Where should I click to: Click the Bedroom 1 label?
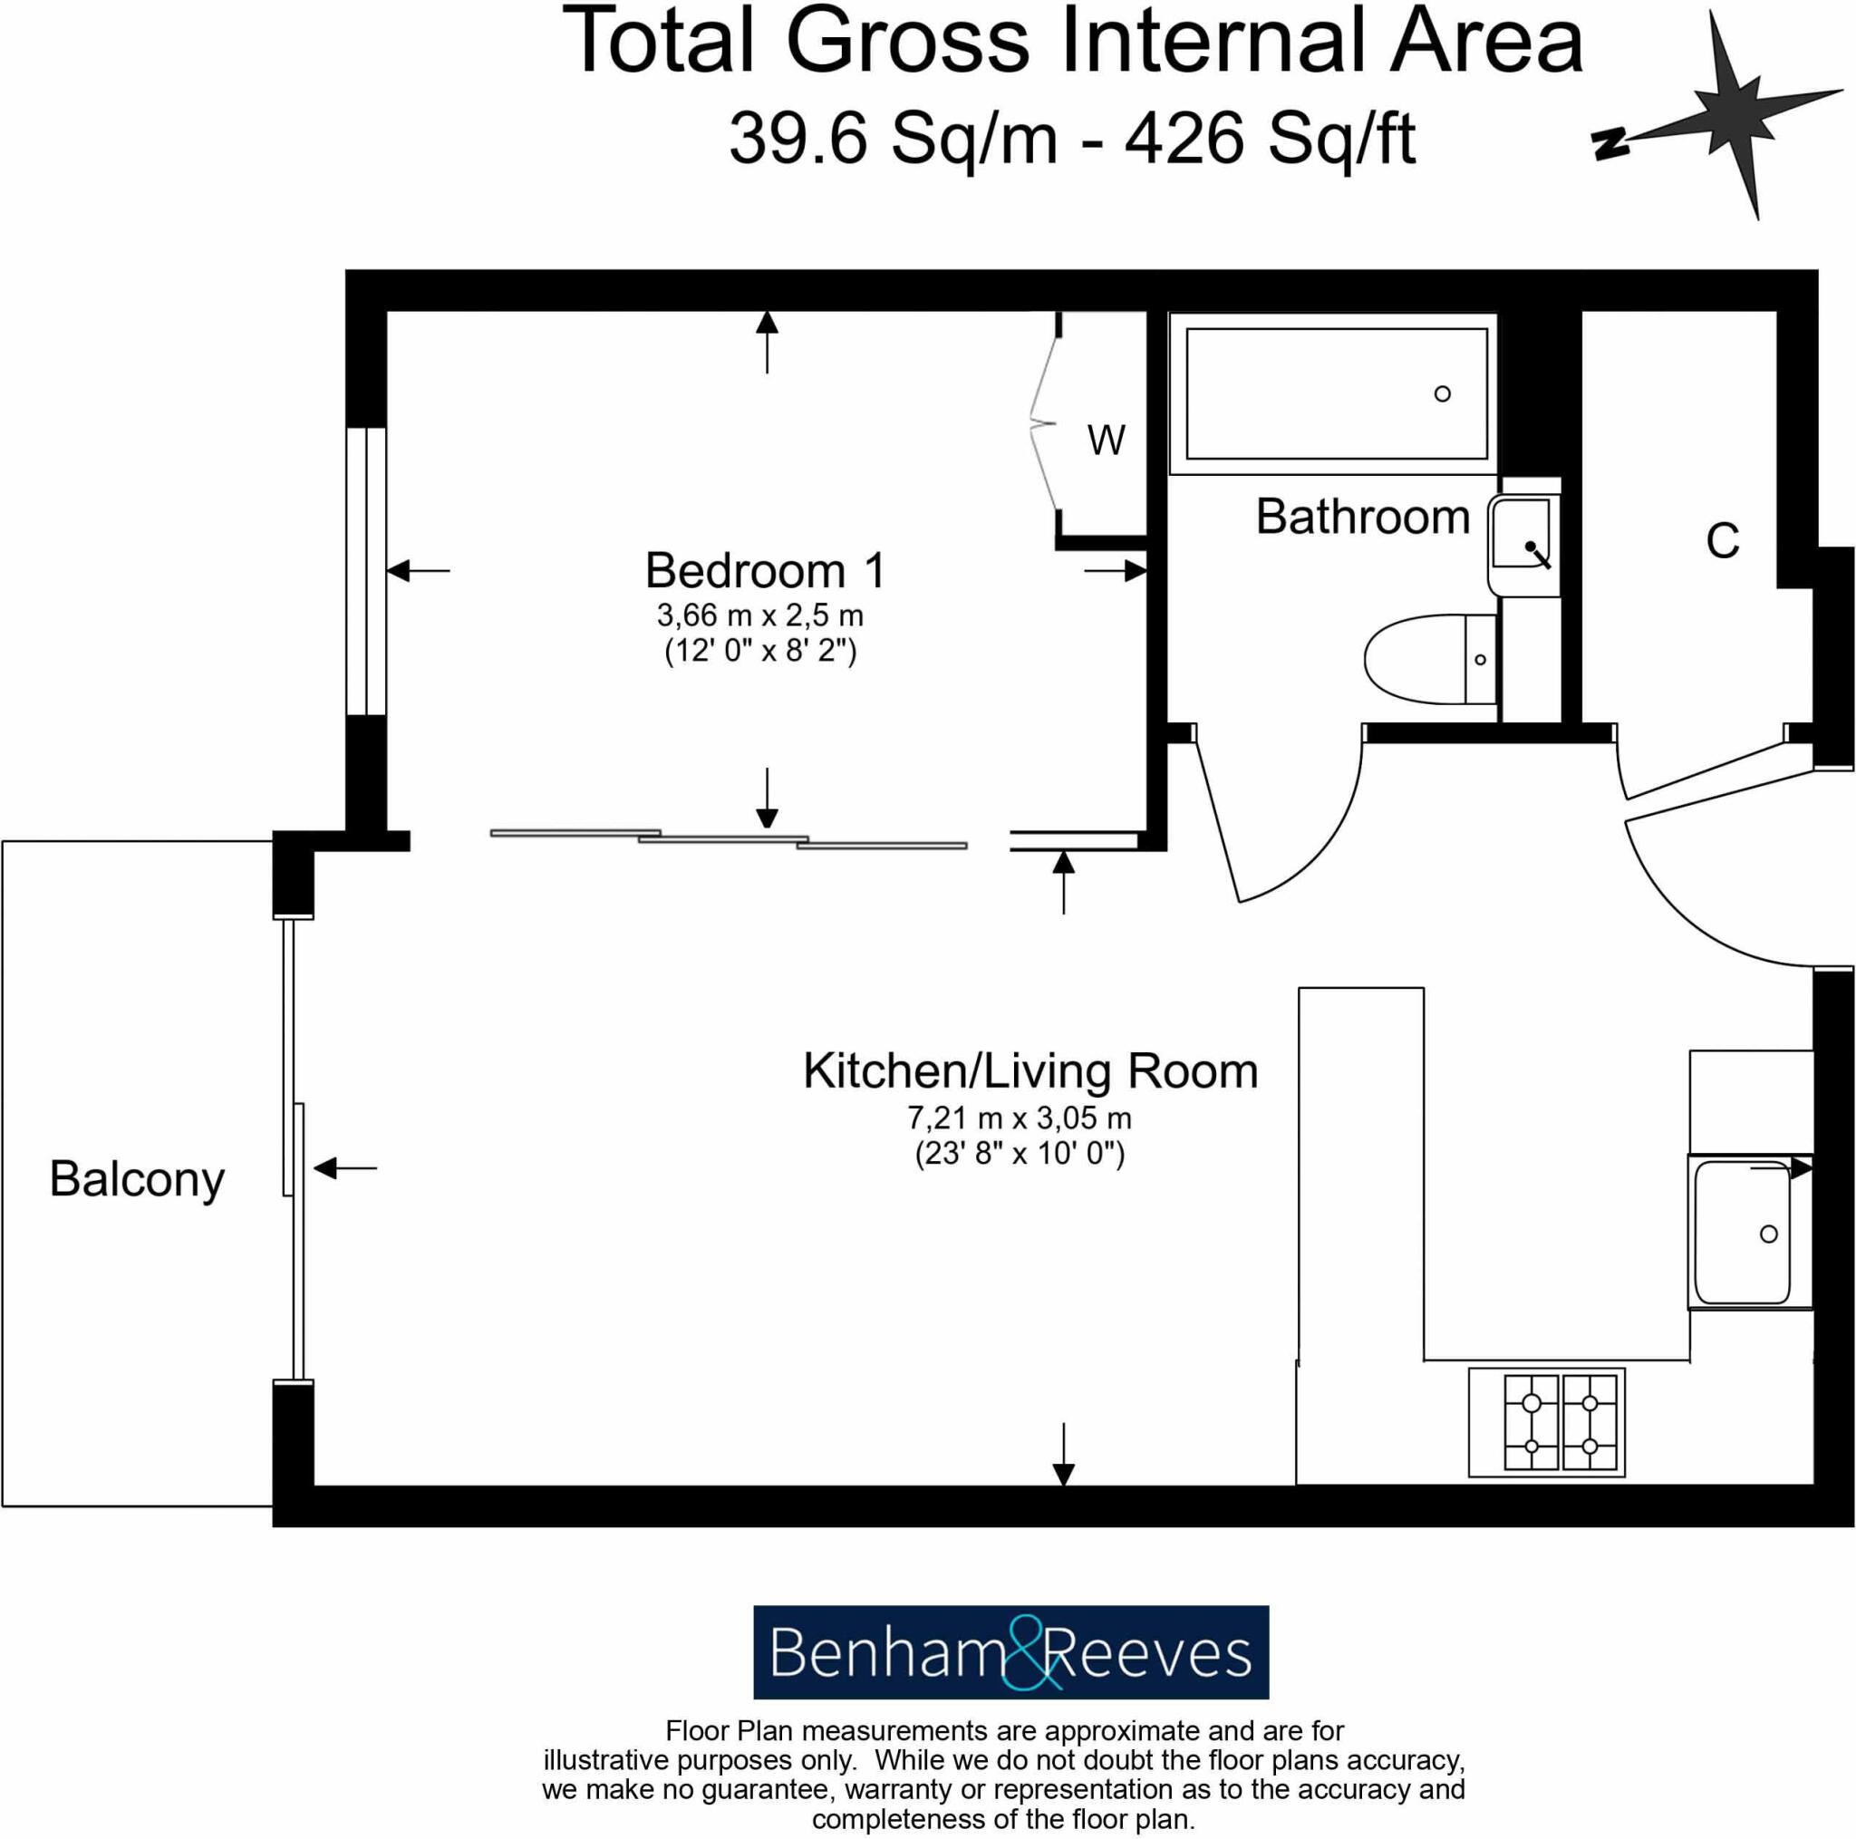[x=765, y=571]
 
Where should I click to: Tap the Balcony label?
[x=137, y=1179]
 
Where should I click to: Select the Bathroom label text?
[x=1362, y=517]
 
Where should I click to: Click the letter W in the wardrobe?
[x=1106, y=440]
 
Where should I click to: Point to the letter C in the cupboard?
[x=1723, y=541]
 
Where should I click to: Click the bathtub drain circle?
[x=1442, y=394]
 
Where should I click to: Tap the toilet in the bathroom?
[x=1428, y=659]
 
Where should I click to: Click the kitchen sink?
[x=1741, y=1234]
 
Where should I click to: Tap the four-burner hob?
[x=1547, y=1423]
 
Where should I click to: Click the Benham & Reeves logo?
[x=1010, y=1651]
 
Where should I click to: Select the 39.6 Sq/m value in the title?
[x=894, y=138]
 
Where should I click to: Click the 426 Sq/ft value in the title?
[x=1270, y=138]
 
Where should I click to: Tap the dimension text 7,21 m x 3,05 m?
[x=1020, y=1118]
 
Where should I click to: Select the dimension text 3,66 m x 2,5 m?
[x=759, y=614]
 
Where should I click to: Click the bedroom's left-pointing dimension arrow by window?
[x=417, y=571]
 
